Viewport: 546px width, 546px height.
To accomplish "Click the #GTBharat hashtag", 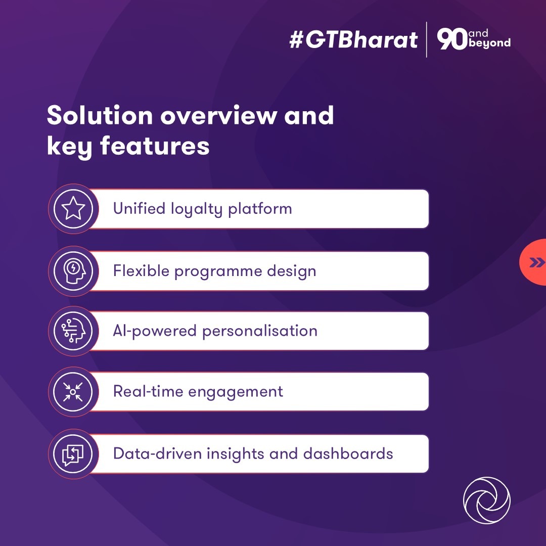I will tap(353, 40).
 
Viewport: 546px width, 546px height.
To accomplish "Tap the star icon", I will tap(73, 209).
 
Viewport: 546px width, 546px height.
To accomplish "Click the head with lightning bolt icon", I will tap(73, 271).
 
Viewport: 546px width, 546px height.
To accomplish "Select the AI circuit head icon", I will tap(73, 331).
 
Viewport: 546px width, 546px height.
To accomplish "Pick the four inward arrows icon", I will tap(73, 392).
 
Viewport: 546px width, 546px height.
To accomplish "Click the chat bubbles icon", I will tap(73, 453).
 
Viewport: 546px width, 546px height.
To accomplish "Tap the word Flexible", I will tap(141, 271).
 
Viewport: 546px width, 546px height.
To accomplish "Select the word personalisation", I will tap(260, 331).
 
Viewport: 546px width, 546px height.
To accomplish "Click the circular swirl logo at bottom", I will tap(486, 500).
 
